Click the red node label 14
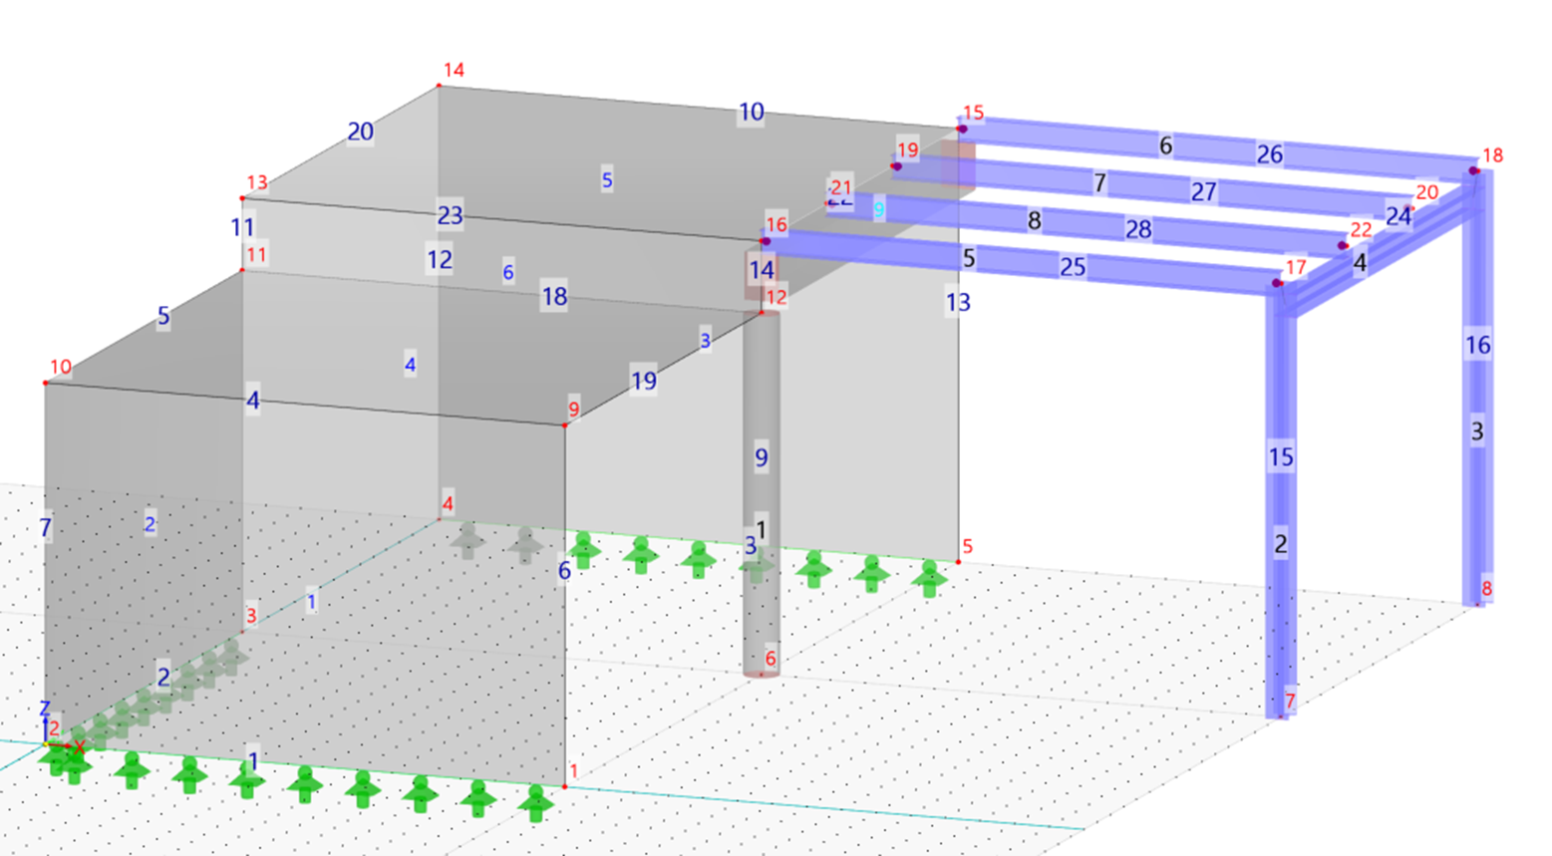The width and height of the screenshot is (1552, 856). [454, 70]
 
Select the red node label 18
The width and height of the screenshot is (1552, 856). [1492, 155]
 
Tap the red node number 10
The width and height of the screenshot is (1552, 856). [61, 367]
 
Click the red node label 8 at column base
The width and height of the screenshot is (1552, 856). [1486, 588]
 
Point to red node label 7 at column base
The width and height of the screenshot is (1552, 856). [1290, 701]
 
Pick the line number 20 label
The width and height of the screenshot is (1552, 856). [360, 132]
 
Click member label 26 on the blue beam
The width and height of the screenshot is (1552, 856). [1269, 154]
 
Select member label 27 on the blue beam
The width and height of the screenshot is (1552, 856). [1203, 191]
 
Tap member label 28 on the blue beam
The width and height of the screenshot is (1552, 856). [1138, 229]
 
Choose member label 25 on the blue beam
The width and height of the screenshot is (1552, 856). [1073, 267]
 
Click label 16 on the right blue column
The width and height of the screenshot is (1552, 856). [1477, 345]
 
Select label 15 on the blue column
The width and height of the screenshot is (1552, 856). [1281, 457]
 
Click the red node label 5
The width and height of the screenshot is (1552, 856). [967, 546]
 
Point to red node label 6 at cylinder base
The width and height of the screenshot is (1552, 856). [770, 659]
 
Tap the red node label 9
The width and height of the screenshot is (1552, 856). [573, 409]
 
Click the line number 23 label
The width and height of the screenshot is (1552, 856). [450, 215]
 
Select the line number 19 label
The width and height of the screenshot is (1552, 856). [644, 381]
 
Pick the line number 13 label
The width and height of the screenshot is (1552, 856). [957, 302]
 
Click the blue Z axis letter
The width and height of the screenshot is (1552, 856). [44, 709]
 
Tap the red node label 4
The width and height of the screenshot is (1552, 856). [448, 504]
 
